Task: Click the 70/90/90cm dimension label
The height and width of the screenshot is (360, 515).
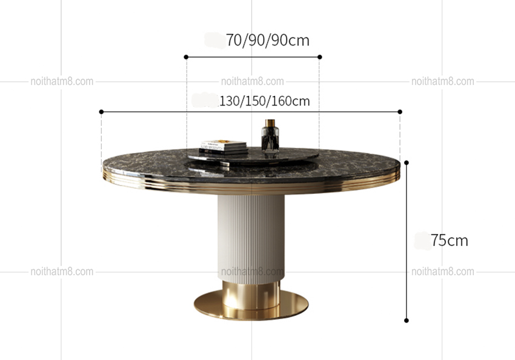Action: click(268, 41)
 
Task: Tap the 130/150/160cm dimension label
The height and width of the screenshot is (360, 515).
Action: click(264, 101)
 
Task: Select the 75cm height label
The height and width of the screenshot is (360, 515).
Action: click(450, 241)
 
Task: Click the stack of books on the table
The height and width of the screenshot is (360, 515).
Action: click(224, 147)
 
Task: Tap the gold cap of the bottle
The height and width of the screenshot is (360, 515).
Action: click(270, 123)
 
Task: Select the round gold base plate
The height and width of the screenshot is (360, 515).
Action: click(251, 305)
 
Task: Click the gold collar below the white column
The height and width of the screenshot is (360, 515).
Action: click(251, 295)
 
